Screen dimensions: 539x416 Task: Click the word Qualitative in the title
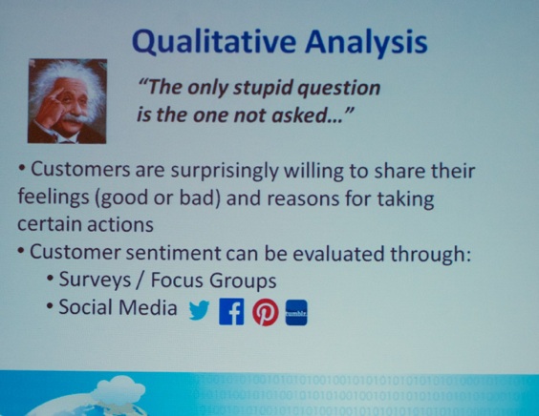click(214, 43)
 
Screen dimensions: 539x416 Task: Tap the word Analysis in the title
click(366, 43)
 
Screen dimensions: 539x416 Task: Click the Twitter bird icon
click(200, 310)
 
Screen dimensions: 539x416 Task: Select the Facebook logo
click(231, 311)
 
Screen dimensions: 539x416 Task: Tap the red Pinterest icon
click(266, 312)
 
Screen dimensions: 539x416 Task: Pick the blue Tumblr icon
click(296, 312)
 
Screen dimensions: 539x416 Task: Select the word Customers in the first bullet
click(80, 169)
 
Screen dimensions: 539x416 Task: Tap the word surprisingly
click(225, 172)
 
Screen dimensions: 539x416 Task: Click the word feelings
click(54, 198)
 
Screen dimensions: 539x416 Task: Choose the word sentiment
click(174, 253)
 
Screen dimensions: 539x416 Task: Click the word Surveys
click(95, 281)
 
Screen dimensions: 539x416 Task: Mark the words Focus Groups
click(213, 281)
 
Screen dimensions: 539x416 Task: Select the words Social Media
click(118, 307)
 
